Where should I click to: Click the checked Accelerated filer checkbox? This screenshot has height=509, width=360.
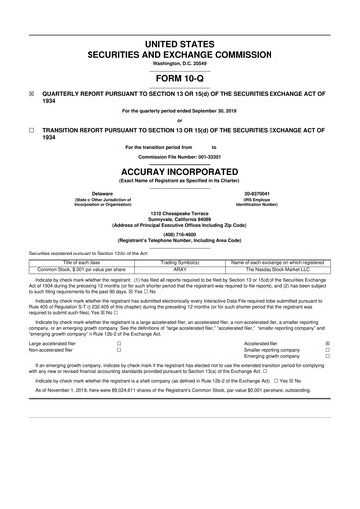(x=327, y=370)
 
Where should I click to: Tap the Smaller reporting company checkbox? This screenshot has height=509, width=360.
(x=327, y=378)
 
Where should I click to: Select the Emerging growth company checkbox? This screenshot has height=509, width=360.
(x=327, y=386)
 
